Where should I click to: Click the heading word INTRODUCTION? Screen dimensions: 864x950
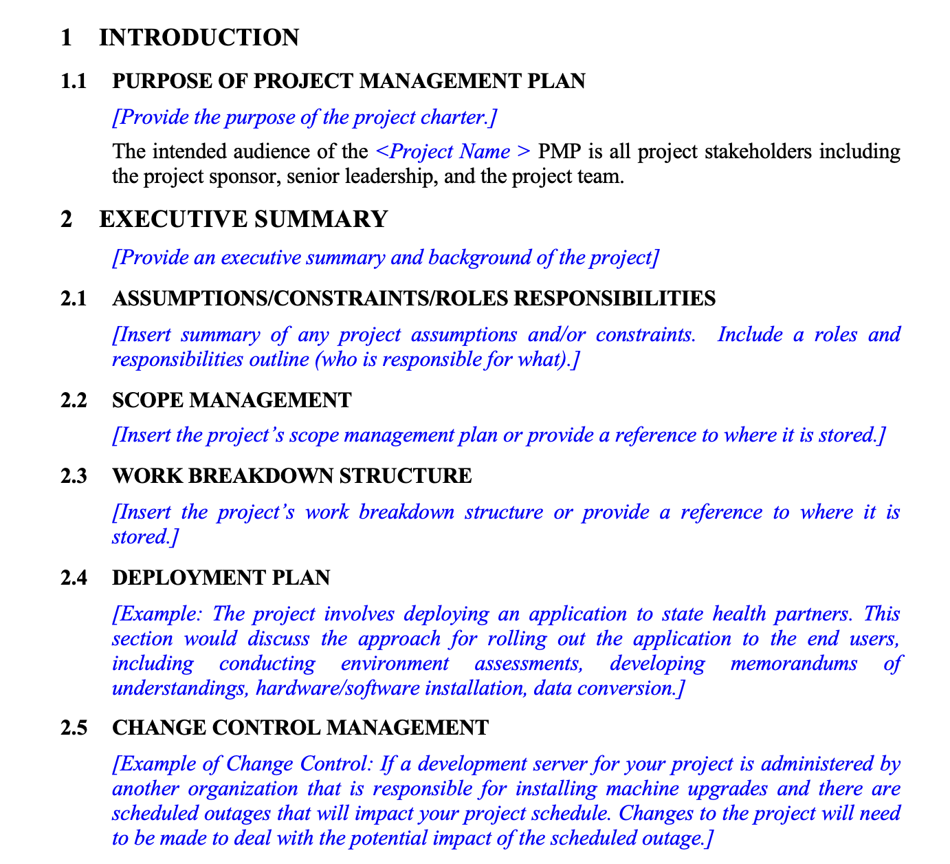[x=199, y=38]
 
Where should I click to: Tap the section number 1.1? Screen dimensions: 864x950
[x=74, y=81]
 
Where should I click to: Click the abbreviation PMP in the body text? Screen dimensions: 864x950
[x=561, y=151]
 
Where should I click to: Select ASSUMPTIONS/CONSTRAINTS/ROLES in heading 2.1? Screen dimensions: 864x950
[x=311, y=299]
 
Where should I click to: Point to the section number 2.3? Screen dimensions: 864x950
[x=74, y=476]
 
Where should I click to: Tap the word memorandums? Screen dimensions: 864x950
[x=793, y=664]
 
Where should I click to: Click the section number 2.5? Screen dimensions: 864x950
[x=74, y=728]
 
